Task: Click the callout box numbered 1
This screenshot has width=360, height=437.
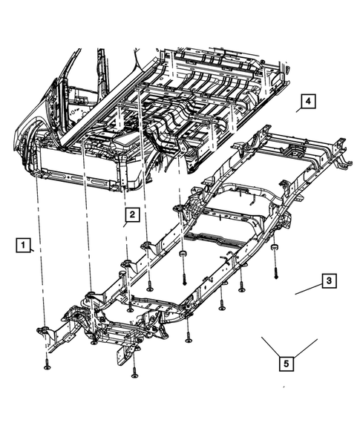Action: point(24,245)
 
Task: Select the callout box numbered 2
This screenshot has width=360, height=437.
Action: point(131,215)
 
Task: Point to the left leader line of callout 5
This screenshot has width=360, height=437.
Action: point(272,346)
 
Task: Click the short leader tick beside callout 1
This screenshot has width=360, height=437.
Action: point(33,252)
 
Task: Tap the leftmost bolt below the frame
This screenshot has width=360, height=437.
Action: point(47,364)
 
